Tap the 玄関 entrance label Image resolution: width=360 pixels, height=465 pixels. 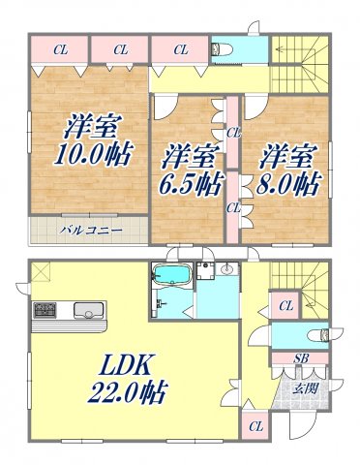[306, 389]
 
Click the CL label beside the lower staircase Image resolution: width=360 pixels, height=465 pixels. [285, 306]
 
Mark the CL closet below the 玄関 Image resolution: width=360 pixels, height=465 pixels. [256, 425]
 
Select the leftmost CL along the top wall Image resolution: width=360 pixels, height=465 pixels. [60, 47]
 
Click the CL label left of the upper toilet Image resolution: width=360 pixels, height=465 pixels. [182, 47]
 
